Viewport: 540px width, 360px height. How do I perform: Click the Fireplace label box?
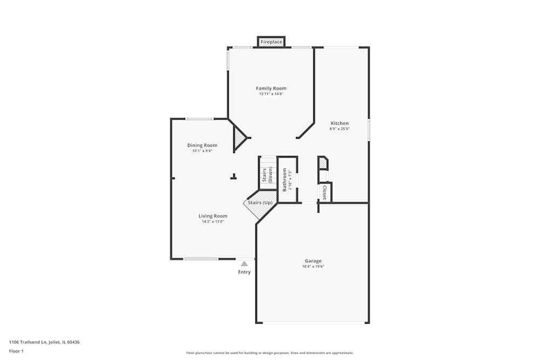(271, 42)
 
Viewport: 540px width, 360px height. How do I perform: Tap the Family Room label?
(271, 88)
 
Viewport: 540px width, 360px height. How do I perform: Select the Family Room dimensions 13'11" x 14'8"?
(271, 94)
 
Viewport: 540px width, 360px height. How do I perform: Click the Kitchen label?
(340, 123)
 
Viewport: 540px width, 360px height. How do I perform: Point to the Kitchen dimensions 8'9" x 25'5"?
(340, 129)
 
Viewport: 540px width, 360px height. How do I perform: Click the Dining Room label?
(202, 145)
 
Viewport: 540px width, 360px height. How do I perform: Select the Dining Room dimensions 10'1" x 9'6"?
(202, 151)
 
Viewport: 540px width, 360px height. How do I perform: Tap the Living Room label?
(213, 216)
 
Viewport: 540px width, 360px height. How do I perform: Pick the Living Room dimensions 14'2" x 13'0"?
(213, 222)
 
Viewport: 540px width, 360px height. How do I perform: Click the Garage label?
(313, 261)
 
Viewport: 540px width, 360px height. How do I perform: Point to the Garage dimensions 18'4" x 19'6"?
(313, 267)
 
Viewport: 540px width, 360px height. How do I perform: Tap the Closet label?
(324, 193)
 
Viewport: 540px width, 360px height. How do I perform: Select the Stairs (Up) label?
(260, 203)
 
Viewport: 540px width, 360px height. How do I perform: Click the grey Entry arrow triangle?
(245, 263)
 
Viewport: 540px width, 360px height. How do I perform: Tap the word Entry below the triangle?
(245, 272)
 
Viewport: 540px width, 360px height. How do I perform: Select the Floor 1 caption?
(16, 351)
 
